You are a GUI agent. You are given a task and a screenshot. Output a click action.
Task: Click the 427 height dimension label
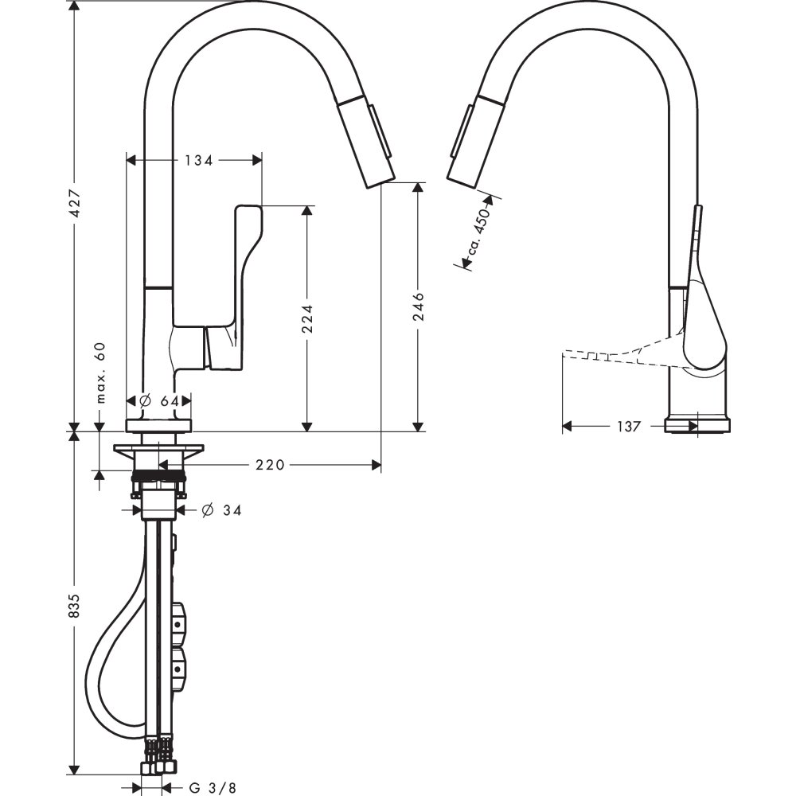pyautogui.click(x=74, y=207)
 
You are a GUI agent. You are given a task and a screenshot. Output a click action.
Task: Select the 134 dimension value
pyautogui.click(x=198, y=160)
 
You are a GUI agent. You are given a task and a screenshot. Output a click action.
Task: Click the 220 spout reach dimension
pyautogui.click(x=270, y=465)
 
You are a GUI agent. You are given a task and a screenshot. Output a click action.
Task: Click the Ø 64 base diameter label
pyautogui.click(x=158, y=401)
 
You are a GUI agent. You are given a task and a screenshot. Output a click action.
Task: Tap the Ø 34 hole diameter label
pyautogui.click(x=221, y=510)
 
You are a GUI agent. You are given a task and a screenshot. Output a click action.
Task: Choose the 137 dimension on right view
pyautogui.click(x=628, y=427)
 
